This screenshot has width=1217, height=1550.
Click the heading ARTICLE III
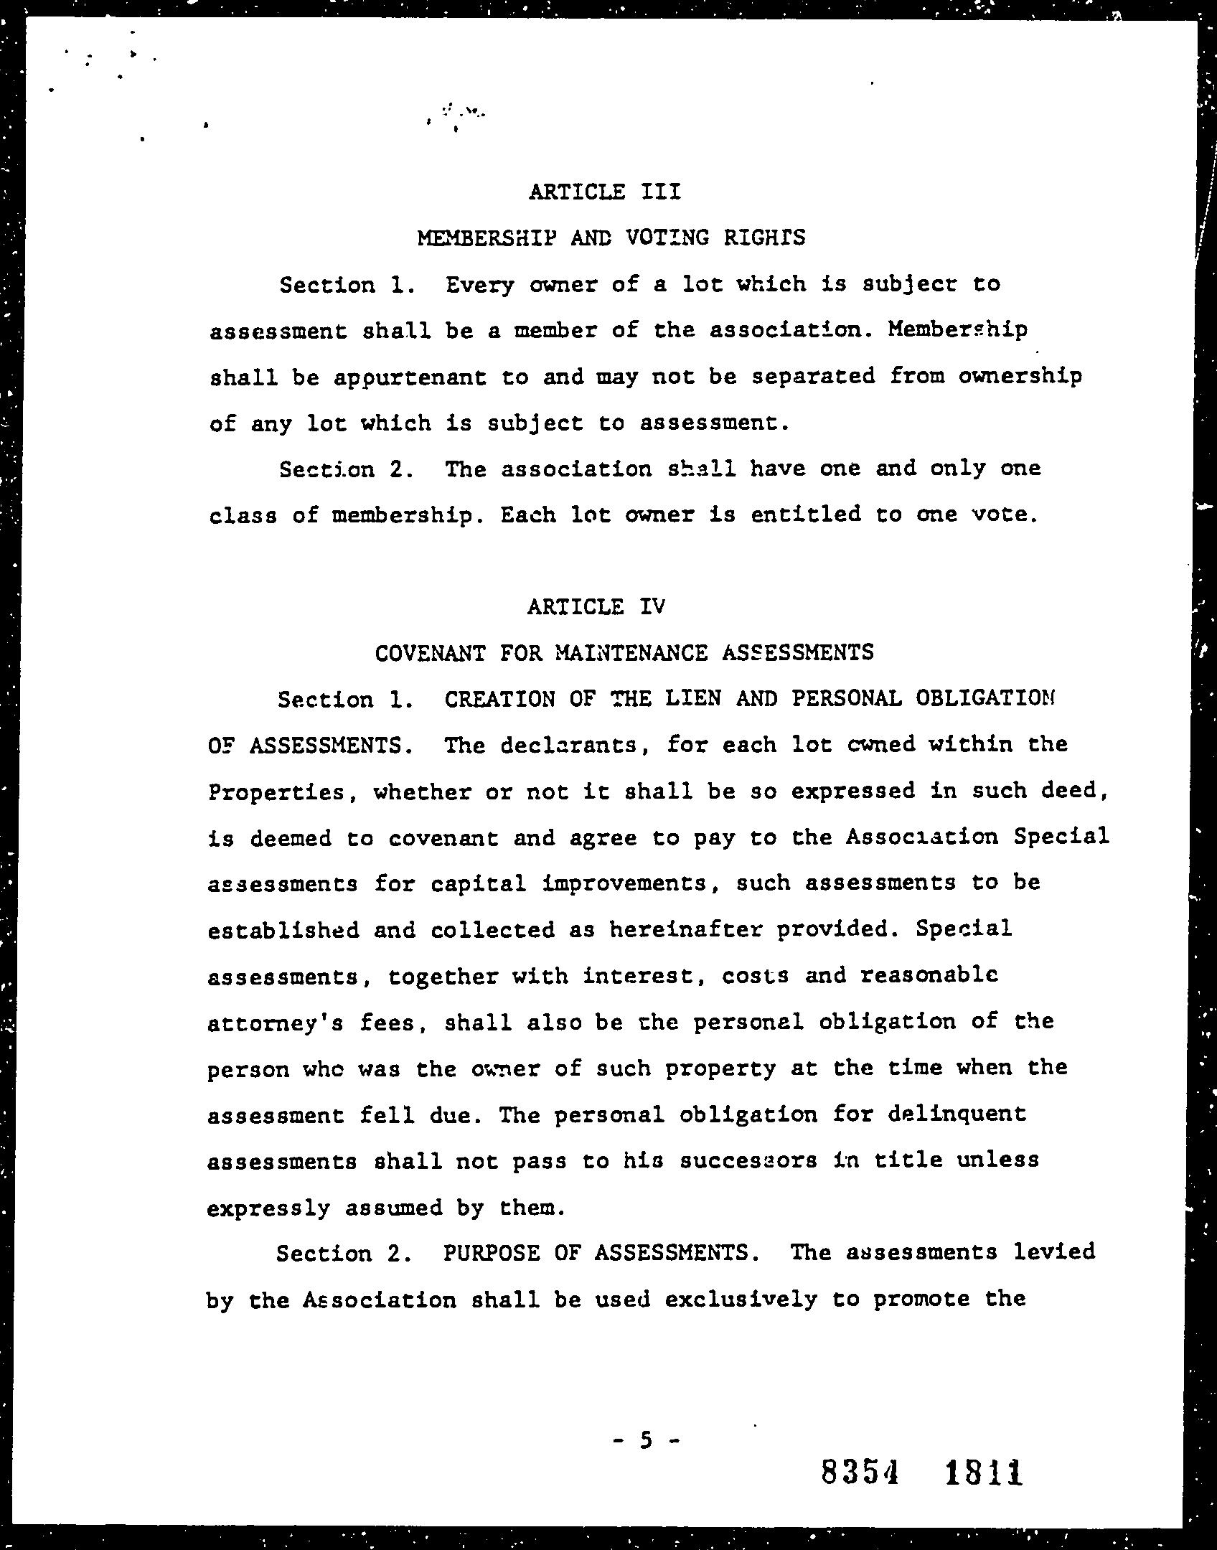coord(604,192)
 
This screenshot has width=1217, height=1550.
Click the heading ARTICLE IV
coord(596,607)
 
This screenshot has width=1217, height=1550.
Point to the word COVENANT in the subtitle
coord(430,653)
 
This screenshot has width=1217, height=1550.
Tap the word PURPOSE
coord(492,1253)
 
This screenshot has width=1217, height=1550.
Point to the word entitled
coord(804,515)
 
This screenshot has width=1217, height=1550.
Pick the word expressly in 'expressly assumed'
coord(268,1208)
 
